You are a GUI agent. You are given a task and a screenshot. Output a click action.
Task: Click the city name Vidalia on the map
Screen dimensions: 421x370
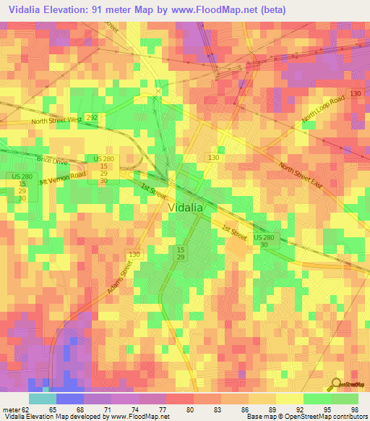click(x=186, y=207)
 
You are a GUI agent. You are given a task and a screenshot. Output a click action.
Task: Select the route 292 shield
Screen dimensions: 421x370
click(x=92, y=116)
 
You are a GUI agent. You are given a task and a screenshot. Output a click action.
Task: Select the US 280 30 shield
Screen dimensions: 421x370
click(x=264, y=242)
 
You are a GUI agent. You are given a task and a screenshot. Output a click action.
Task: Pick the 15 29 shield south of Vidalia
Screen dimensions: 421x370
click(x=180, y=253)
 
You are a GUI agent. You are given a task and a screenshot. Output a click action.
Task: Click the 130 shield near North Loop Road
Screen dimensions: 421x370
click(x=355, y=95)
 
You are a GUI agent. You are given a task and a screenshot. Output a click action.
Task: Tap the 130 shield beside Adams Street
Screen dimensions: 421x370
click(x=134, y=255)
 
